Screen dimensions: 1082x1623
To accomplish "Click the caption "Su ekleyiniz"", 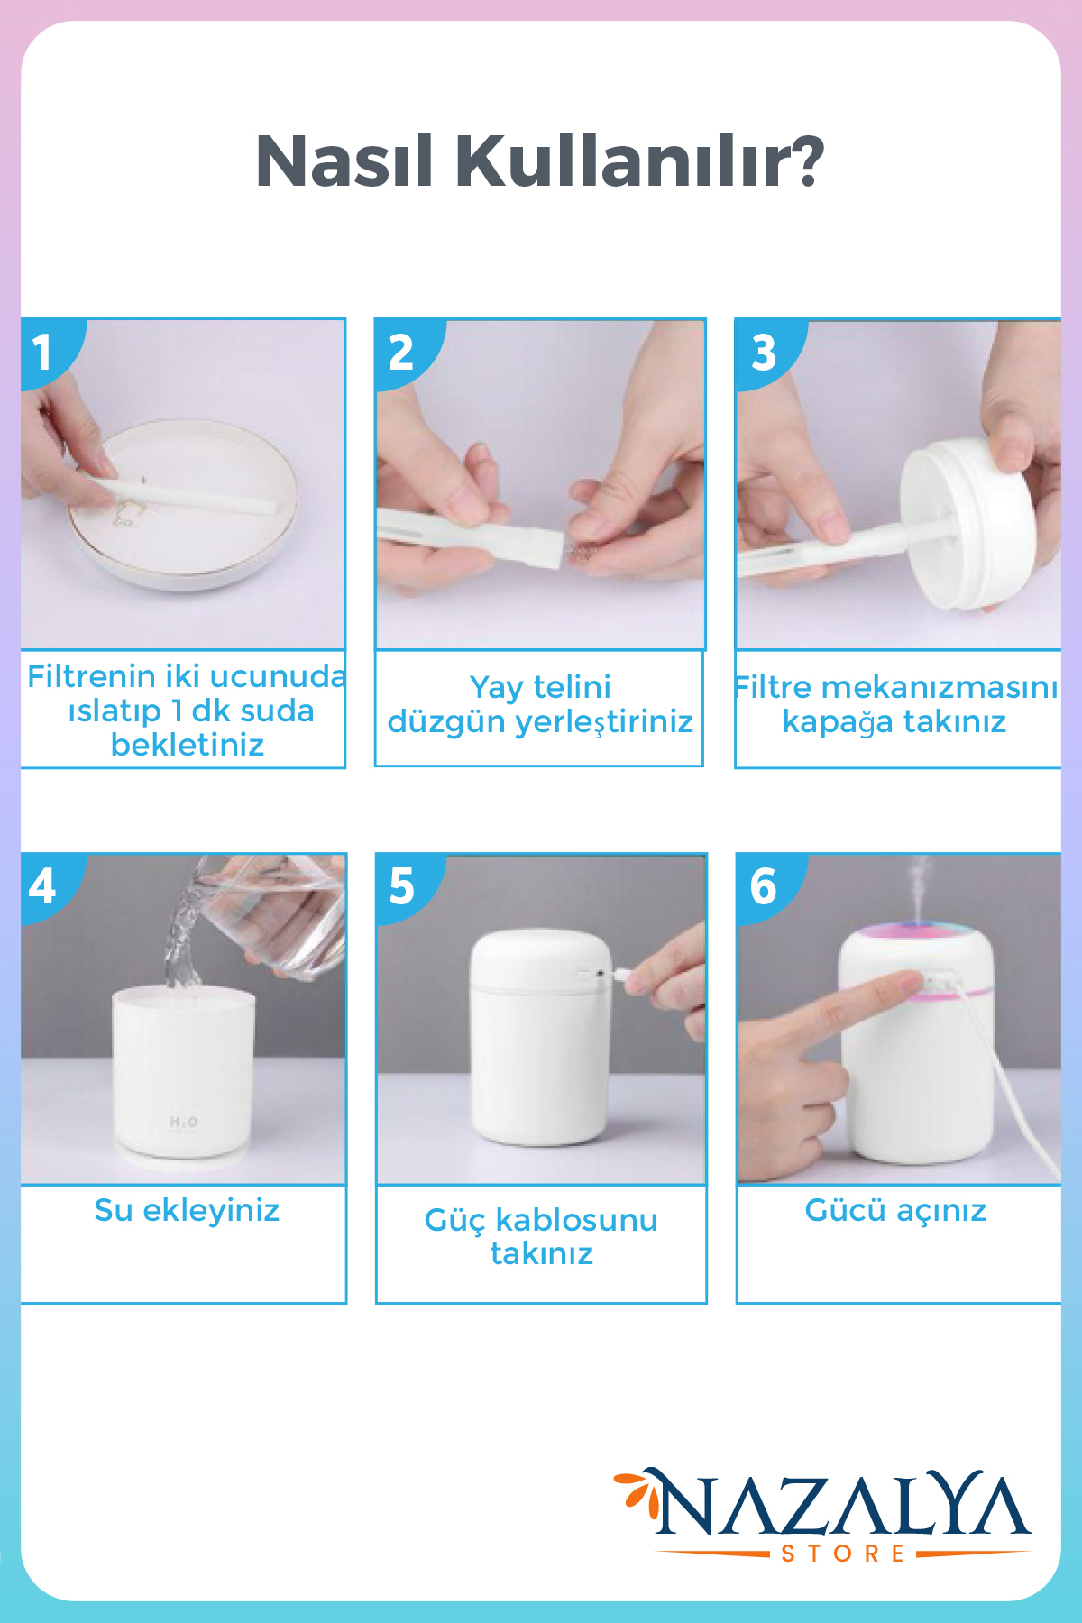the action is pyautogui.click(x=187, y=1210).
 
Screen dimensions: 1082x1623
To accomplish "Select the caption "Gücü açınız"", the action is pyautogui.click(x=895, y=1210).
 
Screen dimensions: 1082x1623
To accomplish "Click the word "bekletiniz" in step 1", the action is pyautogui.click(x=188, y=745).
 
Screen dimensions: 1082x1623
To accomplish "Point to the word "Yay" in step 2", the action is pyautogui.click(x=495, y=688).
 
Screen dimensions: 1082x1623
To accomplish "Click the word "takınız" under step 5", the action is pyautogui.click(x=542, y=1253).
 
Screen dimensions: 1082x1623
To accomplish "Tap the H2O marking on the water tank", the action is pyautogui.click(x=183, y=1122).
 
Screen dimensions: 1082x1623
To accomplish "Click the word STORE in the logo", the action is pyautogui.click(x=842, y=1553).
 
